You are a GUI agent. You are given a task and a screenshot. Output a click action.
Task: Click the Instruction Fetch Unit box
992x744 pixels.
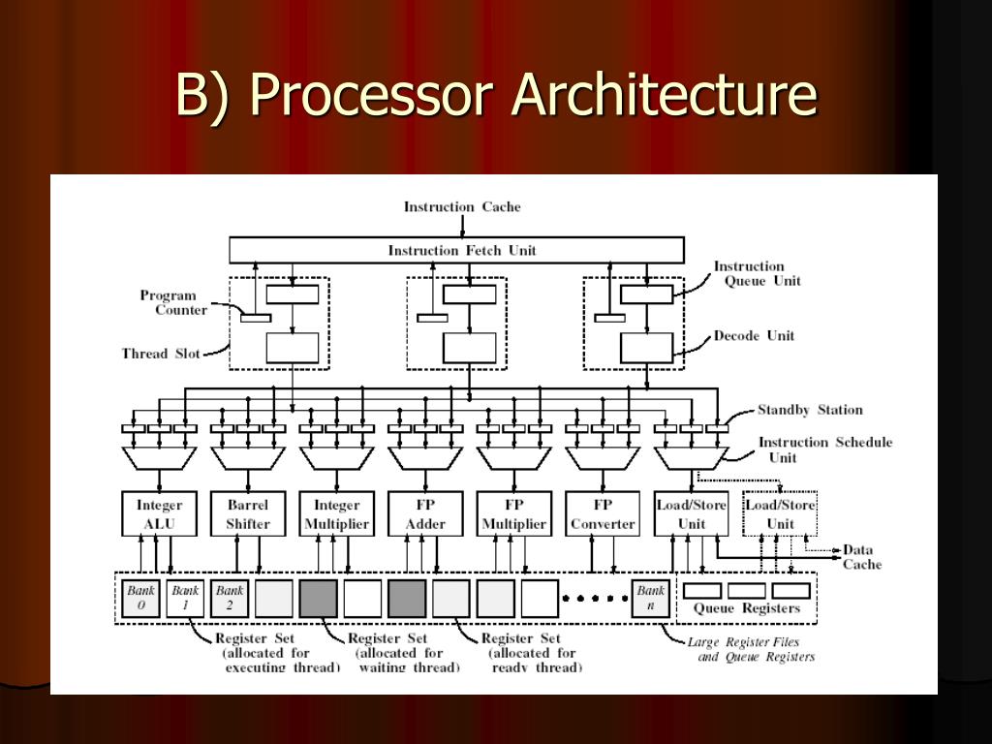click(x=462, y=250)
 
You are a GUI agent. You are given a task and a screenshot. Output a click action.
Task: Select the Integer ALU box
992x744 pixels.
click(x=159, y=514)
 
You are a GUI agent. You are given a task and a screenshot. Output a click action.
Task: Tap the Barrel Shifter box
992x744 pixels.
click(x=248, y=514)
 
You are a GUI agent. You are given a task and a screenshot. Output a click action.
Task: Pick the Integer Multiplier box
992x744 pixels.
click(x=337, y=514)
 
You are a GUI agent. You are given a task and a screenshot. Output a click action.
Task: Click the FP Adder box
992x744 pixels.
click(x=425, y=514)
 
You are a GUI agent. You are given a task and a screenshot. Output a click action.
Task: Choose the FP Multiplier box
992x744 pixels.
click(x=514, y=514)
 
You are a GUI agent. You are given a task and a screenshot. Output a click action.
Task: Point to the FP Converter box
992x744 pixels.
click(x=603, y=514)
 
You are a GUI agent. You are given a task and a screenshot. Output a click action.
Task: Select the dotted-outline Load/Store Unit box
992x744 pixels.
click(x=780, y=514)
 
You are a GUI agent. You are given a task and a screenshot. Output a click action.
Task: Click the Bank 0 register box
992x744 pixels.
click(x=141, y=599)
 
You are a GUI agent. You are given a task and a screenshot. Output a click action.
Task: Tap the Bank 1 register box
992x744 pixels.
click(x=185, y=599)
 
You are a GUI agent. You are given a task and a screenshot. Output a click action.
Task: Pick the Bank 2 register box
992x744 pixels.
click(x=230, y=599)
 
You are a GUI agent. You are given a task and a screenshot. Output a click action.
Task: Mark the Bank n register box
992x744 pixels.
click(x=651, y=599)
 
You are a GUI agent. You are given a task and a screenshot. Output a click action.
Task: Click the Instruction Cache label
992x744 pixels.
click(x=462, y=206)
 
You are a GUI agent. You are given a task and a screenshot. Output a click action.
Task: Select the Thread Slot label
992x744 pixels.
click(x=161, y=354)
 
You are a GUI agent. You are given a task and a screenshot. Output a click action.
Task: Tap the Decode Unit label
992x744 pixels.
click(x=754, y=336)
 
